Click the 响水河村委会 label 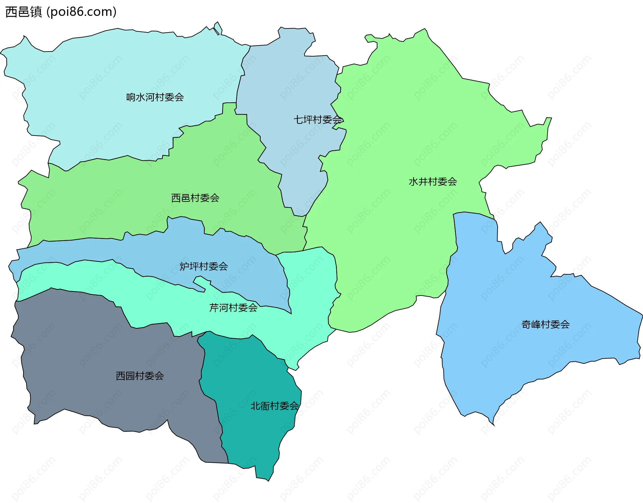pos(155,97)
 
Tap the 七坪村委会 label pos(318,119)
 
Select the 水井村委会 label pos(433,182)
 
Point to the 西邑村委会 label pos(195,198)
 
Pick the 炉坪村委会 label pos(204,266)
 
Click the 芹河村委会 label pos(233,308)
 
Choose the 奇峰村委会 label pos(546,324)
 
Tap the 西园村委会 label pos(140,376)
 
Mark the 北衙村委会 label pos(275,406)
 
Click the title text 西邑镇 pos(24,12)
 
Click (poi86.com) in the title pos(81,12)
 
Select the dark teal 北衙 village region pos(248,375)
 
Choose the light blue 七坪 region pos(288,84)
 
